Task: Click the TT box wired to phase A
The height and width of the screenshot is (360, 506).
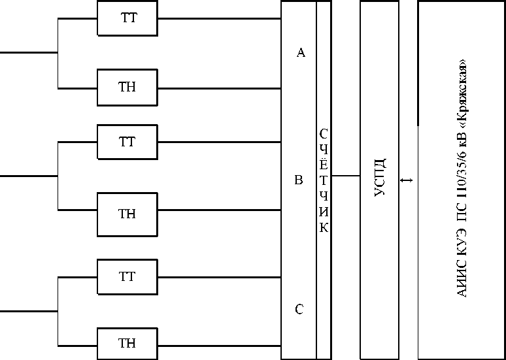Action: tap(127, 18)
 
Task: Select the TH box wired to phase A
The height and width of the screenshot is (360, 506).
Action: tap(127, 88)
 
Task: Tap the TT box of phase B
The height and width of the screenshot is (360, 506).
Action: tap(127, 142)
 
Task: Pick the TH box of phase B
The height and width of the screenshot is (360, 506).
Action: tap(127, 214)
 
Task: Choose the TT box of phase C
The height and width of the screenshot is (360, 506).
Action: tap(127, 277)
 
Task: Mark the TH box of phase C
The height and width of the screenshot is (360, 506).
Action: tap(127, 344)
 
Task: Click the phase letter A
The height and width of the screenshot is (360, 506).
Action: tap(301, 53)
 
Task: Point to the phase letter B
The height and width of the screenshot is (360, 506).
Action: tap(299, 180)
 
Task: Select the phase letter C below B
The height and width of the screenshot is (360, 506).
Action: tap(299, 309)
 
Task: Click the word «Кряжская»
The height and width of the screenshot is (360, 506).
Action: tap(463, 91)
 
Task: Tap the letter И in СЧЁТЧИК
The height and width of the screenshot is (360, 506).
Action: tap(324, 212)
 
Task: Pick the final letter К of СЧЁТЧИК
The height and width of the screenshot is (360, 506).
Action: tap(324, 228)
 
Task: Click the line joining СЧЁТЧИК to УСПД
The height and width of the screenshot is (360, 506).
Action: tap(346, 176)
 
